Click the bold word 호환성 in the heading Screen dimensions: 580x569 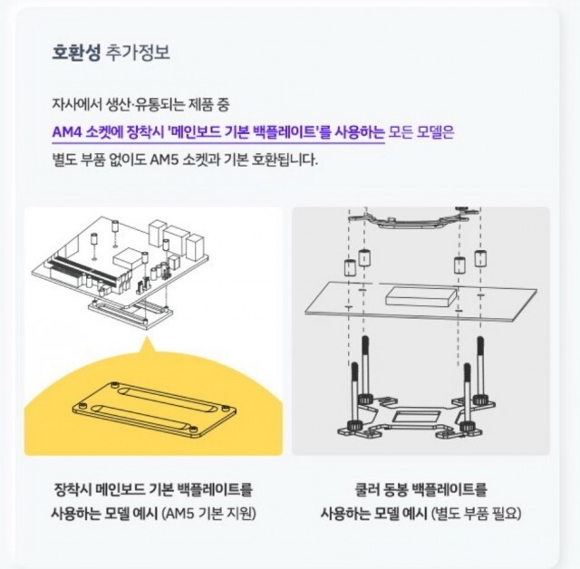(x=76, y=53)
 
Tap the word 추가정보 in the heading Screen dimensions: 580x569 (x=138, y=53)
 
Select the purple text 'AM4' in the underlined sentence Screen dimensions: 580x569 (x=66, y=132)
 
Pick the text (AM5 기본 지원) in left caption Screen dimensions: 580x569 (x=209, y=514)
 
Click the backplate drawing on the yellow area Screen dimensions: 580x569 (x=153, y=408)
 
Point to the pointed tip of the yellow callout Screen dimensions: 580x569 (x=148, y=336)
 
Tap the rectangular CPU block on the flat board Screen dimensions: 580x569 (x=421, y=296)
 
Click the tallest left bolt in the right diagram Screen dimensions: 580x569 (x=364, y=370)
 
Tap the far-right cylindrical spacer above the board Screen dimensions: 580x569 (x=480, y=258)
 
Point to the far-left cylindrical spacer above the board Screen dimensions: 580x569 (x=350, y=268)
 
